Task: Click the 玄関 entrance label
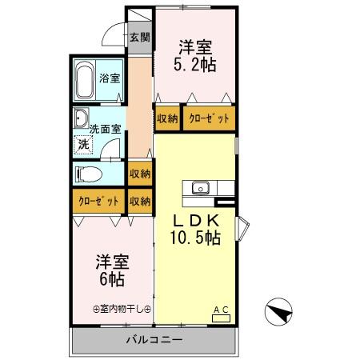coord(140,37)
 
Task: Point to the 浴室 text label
coord(110,78)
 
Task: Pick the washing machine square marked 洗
coord(82,145)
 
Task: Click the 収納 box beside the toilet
coord(140,174)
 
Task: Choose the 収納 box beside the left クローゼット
coord(140,201)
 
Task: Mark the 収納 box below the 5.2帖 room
coord(167,118)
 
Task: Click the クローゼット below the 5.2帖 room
coord(209,118)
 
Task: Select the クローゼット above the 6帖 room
coord(98,201)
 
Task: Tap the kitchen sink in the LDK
coord(199,189)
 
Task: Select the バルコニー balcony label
coord(154,340)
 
